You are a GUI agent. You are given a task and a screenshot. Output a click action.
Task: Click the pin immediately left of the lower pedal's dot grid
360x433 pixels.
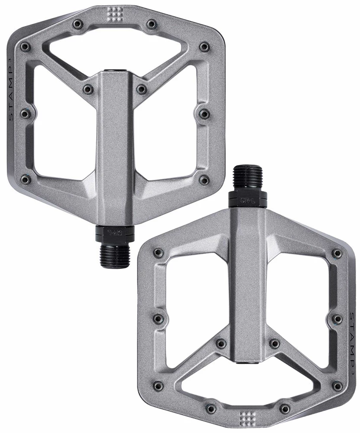[x=211, y=408]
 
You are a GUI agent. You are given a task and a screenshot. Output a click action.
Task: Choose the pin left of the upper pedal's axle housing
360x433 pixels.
[x=88, y=89]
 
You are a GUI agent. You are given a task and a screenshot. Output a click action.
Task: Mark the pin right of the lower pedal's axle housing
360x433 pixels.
[x=274, y=343]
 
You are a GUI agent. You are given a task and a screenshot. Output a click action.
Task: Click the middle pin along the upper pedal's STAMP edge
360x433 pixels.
[x=25, y=113]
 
